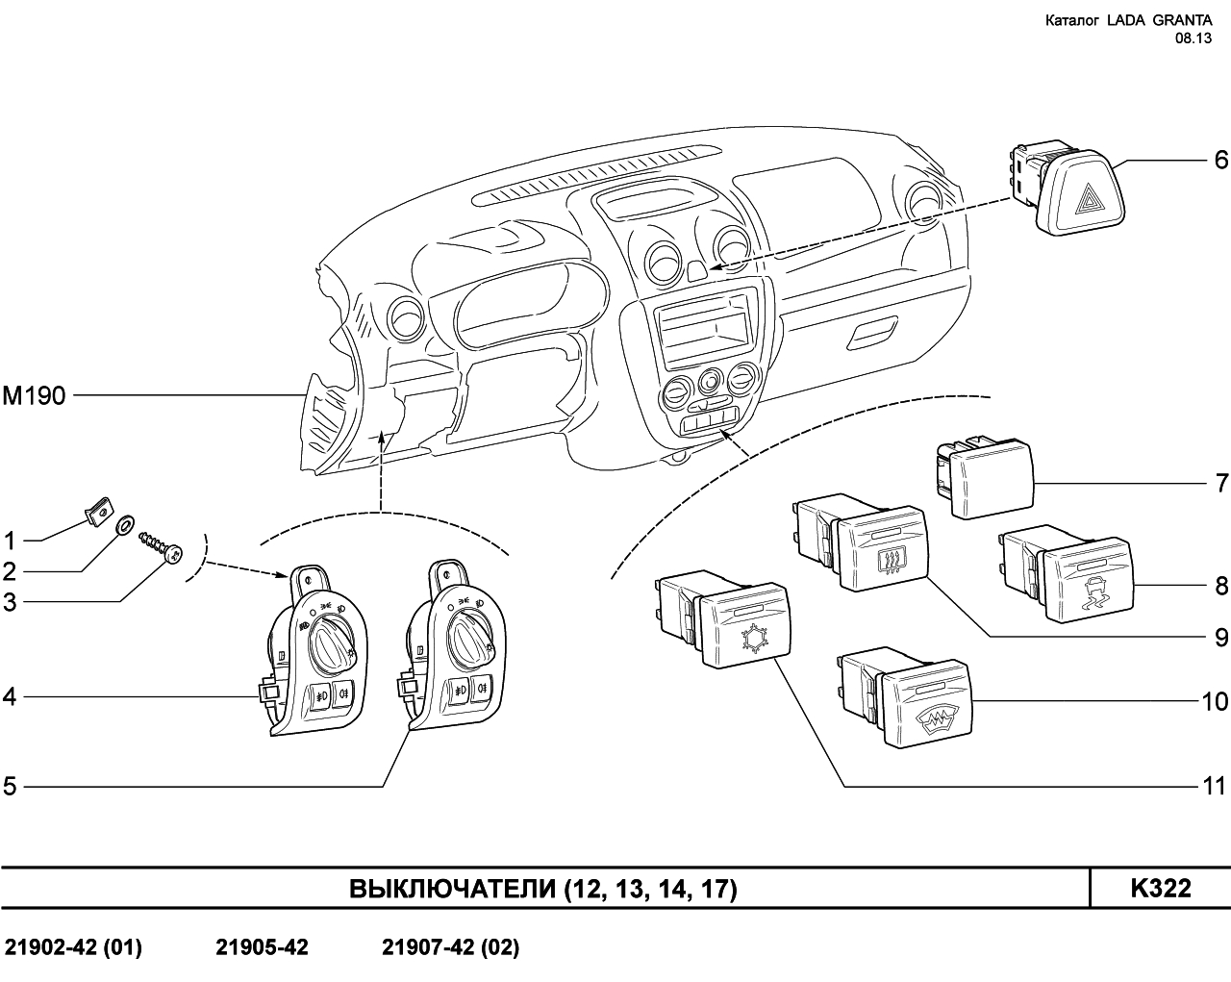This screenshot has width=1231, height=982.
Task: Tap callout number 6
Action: pos(1220,159)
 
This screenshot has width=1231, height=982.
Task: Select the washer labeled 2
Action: pos(125,526)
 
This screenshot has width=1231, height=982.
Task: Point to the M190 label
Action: pos(35,395)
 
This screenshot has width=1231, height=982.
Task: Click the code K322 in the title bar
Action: pos(1160,889)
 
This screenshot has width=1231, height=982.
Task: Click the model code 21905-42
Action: pos(262,948)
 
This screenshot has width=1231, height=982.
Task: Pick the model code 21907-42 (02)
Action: pos(450,948)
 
